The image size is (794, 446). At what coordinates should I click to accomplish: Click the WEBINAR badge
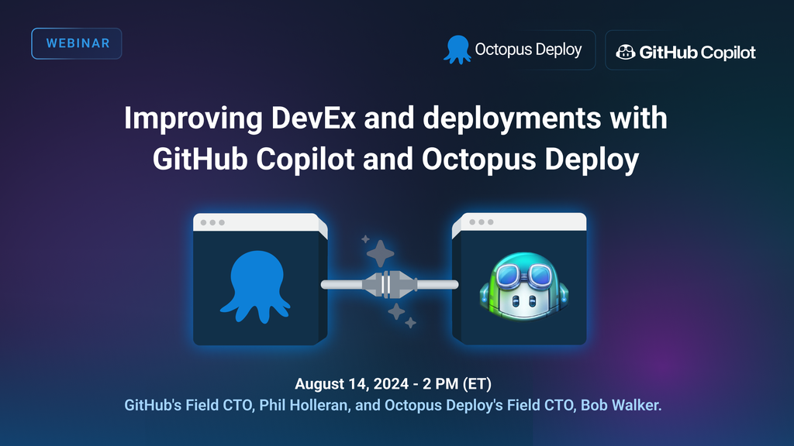(77, 43)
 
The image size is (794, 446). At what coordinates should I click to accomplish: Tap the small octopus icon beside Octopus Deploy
(457, 50)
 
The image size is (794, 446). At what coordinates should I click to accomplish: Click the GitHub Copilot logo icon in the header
(625, 52)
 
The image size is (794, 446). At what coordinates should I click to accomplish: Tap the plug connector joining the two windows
(390, 285)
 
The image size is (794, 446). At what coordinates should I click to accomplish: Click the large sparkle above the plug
(381, 252)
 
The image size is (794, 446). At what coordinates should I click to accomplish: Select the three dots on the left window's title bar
(212, 223)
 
